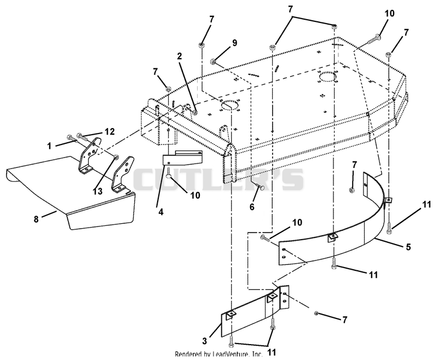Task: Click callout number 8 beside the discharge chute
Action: [x=36, y=219]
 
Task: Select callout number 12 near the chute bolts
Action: [x=110, y=131]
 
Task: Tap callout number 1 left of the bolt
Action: [x=49, y=146]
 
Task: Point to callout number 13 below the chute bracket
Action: [x=98, y=191]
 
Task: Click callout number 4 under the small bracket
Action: [x=161, y=212]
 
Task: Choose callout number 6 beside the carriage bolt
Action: [x=252, y=207]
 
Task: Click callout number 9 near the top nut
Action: [x=234, y=43]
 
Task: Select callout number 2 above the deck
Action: [x=180, y=56]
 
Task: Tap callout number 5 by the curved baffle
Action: [x=408, y=247]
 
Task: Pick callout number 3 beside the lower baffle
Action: [x=205, y=341]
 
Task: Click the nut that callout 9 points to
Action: [x=213, y=61]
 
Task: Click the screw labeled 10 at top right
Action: [x=372, y=39]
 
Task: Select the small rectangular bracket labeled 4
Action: [x=182, y=158]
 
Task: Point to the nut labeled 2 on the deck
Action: [x=195, y=113]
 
